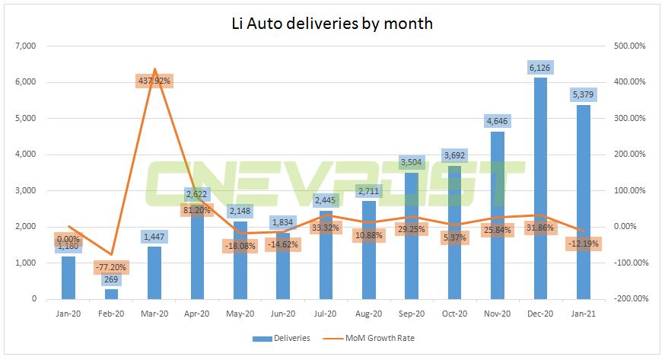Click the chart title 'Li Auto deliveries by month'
(332, 24)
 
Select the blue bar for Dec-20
(540, 190)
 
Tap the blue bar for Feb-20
(112, 294)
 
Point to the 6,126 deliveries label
(540, 67)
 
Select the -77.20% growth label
(112, 268)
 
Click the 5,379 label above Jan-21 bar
(584, 94)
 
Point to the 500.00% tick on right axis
(631, 46)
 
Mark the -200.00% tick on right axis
(631, 299)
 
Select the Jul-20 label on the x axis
(326, 313)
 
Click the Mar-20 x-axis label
(154, 313)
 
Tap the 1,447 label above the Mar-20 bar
(154, 237)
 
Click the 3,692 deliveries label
(454, 155)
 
